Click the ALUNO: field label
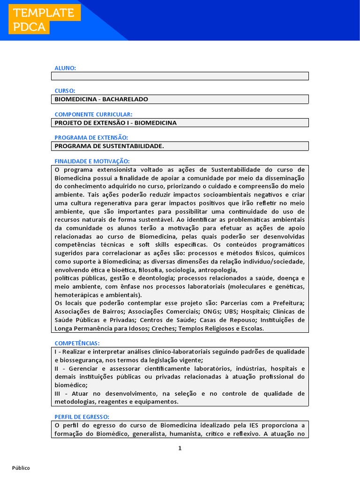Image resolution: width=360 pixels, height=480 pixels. point(65,68)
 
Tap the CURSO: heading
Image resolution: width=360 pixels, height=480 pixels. point(65,91)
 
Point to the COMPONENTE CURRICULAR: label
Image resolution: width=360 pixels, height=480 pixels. point(93,114)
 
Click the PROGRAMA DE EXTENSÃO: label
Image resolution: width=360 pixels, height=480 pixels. point(91,137)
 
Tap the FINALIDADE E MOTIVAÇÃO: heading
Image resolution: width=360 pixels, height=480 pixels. point(92,161)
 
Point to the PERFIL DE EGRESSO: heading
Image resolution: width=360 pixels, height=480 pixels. point(82,417)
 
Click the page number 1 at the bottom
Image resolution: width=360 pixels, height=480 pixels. point(180,448)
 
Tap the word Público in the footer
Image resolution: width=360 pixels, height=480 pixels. point(21,468)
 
